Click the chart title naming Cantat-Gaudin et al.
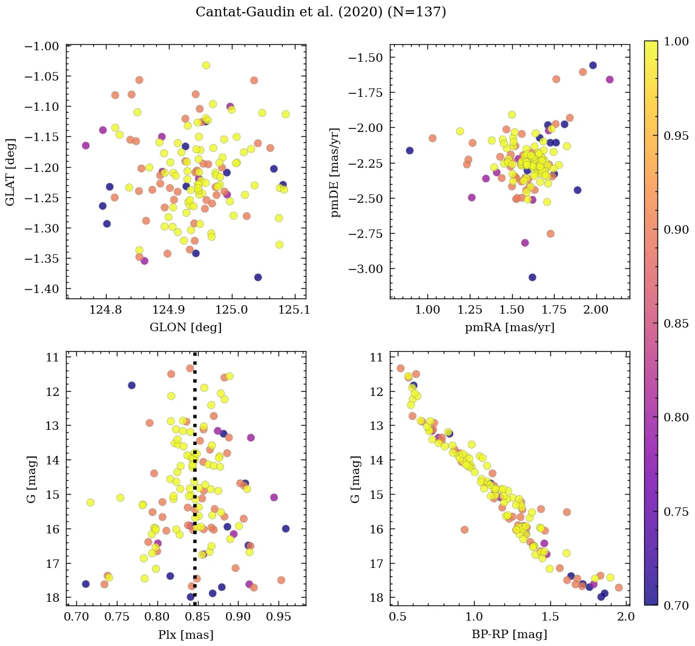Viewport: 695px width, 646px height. (x=321, y=12)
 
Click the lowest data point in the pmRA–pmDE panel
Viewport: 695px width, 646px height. (x=532, y=277)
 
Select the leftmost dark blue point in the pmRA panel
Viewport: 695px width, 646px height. (x=409, y=150)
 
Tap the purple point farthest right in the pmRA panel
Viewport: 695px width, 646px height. (x=610, y=79)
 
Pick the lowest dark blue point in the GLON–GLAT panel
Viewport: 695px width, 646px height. (x=258, y=277)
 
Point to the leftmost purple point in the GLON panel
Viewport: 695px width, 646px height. (x=85, y=145)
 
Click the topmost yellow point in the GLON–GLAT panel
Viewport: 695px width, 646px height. (x=206, y=65)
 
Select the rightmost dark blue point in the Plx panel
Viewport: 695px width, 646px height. (x=286, y=529)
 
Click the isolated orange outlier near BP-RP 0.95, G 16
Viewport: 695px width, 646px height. (x=464, y=529)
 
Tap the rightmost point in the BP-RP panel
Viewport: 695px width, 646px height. (x=619, y=587)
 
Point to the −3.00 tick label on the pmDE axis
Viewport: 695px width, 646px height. (x=366, y=269)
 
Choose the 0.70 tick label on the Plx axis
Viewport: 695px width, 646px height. (x=77, y=619)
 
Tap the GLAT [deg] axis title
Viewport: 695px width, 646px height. (x=11, y=167)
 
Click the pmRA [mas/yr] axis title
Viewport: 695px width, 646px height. (x=509, y=328)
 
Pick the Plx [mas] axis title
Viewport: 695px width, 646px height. (x=185, y=634)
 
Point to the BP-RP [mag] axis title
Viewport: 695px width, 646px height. (x=509, y=634)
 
